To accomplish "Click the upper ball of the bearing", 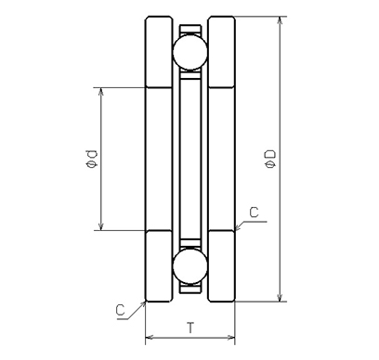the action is point(190,52).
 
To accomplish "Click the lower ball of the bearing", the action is point(190,266).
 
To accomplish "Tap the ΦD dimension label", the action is point(270,159).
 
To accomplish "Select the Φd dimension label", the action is point(92,159).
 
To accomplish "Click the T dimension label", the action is point(191,328).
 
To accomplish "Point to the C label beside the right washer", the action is point(254,212).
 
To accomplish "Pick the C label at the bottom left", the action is point(121,310).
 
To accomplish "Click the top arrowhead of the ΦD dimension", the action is point(280,20).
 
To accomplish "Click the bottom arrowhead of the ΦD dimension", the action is point(280,297).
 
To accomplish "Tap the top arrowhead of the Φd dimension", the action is point(100,92).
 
